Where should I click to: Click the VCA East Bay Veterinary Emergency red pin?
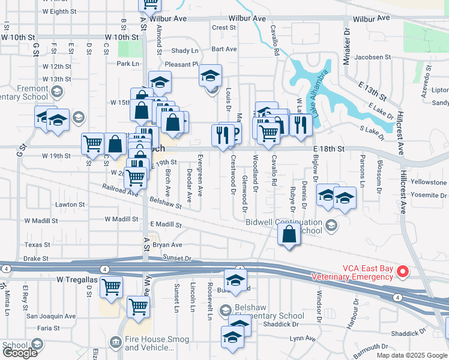(403, 272)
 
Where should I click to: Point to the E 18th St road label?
(329, 148)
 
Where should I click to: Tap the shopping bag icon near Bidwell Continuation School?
(289, 235)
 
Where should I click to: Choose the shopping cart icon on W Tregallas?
(110, 287)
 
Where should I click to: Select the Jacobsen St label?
(373, 58)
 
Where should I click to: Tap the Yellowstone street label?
(429, 182)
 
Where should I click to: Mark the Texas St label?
(37, 245)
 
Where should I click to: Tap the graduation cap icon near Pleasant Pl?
(211, 76)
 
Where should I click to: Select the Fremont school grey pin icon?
(57, 92)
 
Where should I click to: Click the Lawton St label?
(70, 205)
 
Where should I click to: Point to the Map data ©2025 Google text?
(412, 355)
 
